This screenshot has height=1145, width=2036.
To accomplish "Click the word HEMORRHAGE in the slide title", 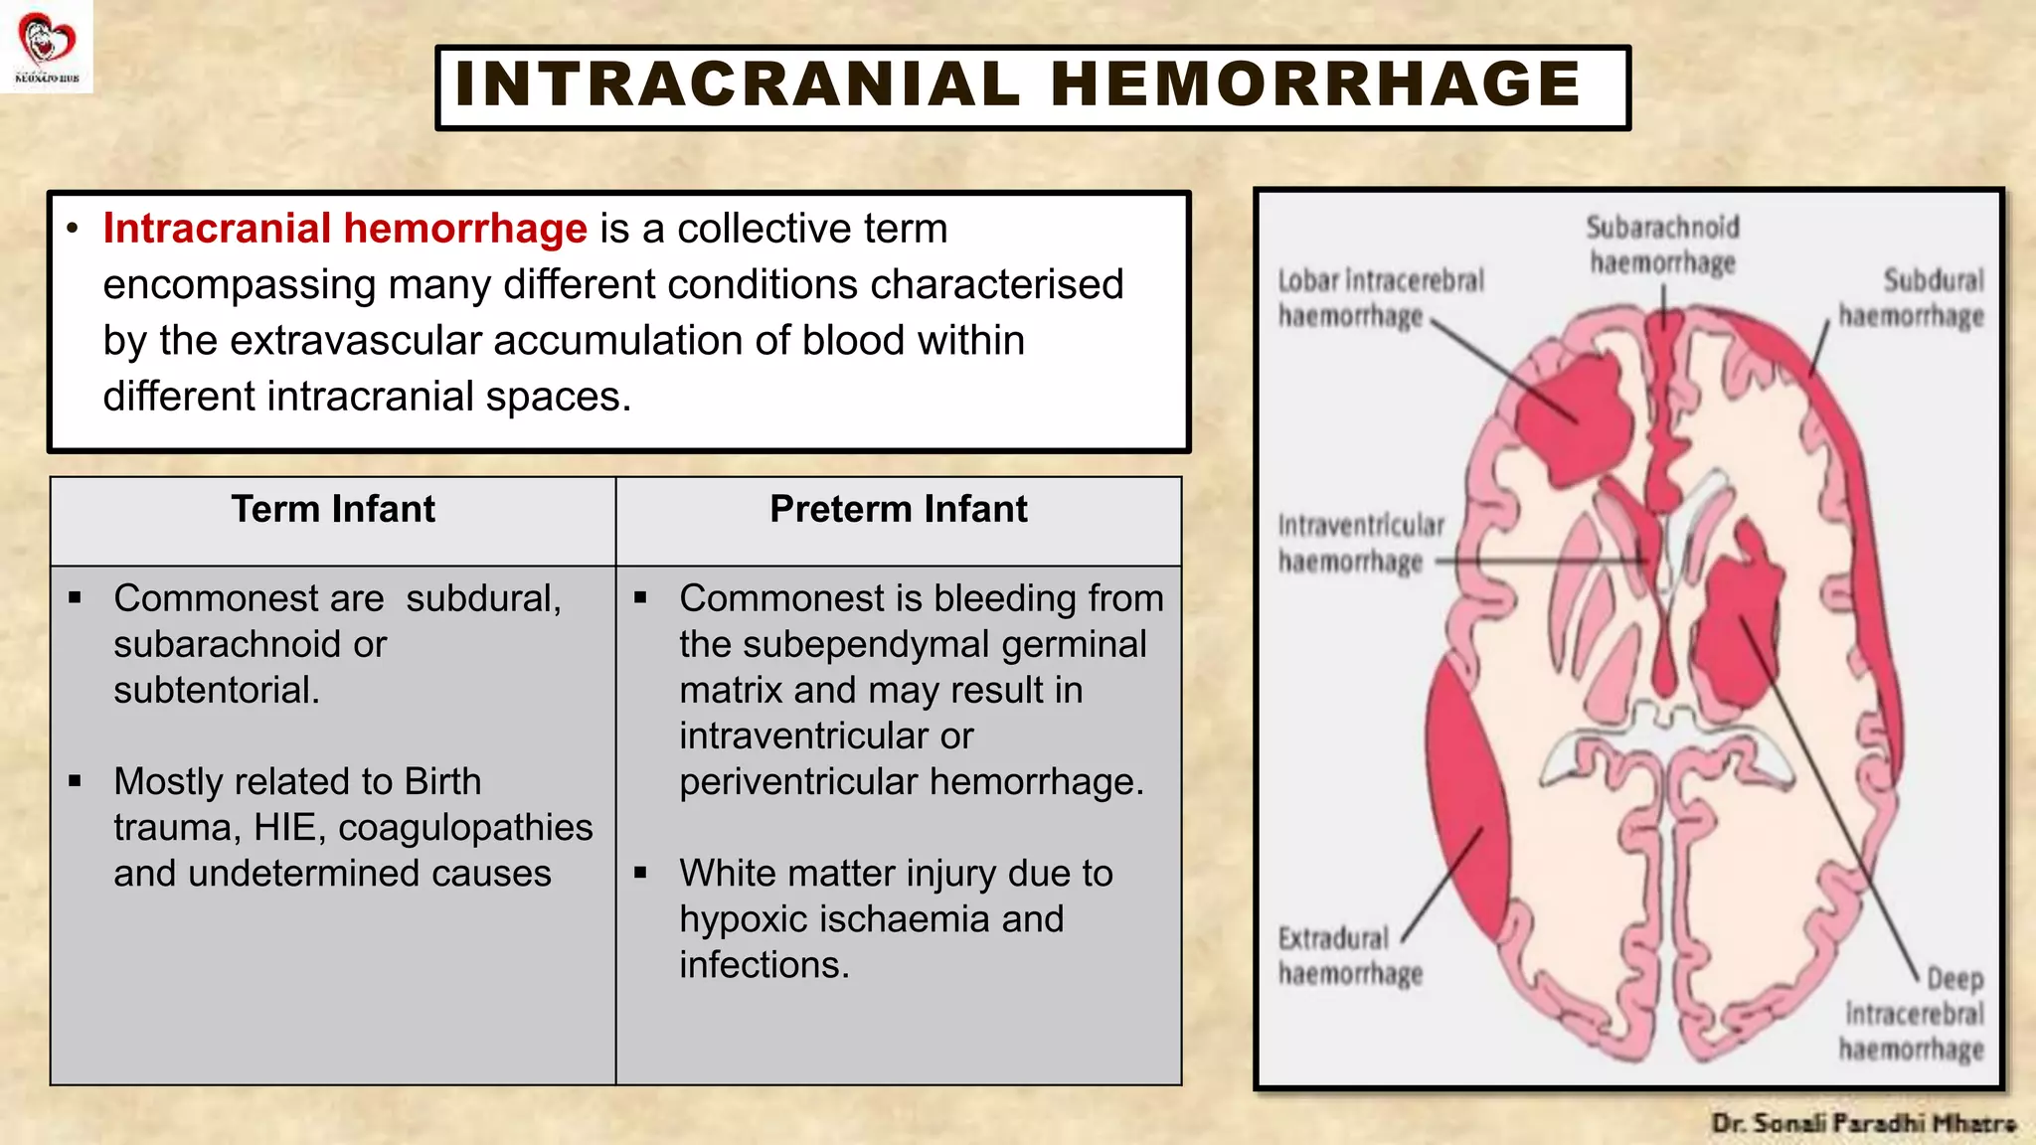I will click(x=1314, y=83).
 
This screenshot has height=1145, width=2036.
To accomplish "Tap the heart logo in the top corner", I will click(x=46, y=42).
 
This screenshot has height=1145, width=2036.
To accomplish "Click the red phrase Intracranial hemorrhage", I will click(x=345, y=229).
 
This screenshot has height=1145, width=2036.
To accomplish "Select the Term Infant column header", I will click(x=333, y=510).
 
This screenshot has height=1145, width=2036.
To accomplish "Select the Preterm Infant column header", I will click(x=898, y=510).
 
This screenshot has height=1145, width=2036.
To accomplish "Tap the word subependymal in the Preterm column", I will click(x=866, y=645).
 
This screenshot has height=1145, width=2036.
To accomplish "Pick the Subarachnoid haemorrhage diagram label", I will click(x=1662, y=245).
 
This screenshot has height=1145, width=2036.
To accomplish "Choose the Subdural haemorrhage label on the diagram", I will click(x=1911, y=298).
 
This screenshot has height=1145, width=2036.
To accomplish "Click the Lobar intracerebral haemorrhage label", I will click(x=1380, y=298).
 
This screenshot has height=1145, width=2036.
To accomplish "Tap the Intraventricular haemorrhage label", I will click(x=1360, y=543).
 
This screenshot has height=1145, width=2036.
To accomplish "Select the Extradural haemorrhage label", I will click(x=1349, y=955).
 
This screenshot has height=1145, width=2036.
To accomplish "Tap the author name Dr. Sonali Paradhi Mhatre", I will click(x=1862, y=1123).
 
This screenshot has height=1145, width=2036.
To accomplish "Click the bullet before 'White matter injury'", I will click(x=641, y=874).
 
